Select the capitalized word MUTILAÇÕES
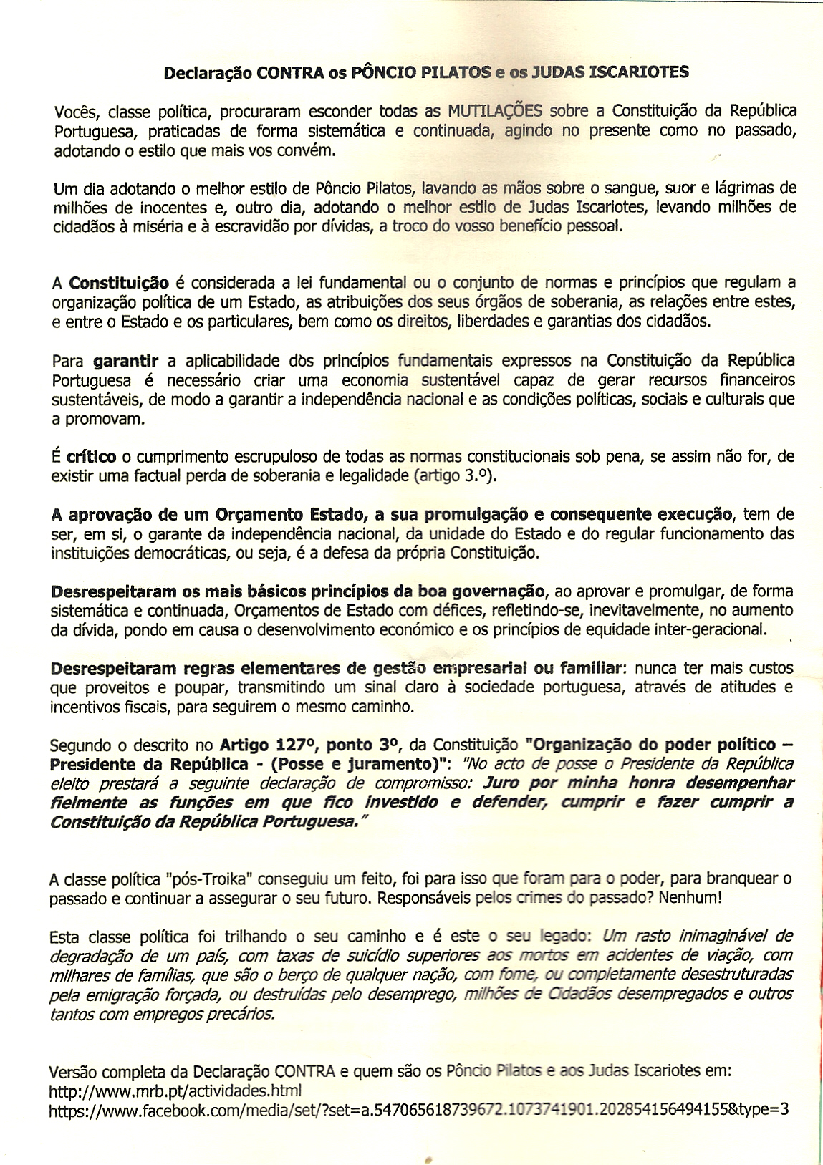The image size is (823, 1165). (x=494, y=112)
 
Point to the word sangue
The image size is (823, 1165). (x=627, y=189)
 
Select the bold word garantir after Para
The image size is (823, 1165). (x=125, y=360)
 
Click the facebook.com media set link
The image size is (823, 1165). (x=419, y=1111)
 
